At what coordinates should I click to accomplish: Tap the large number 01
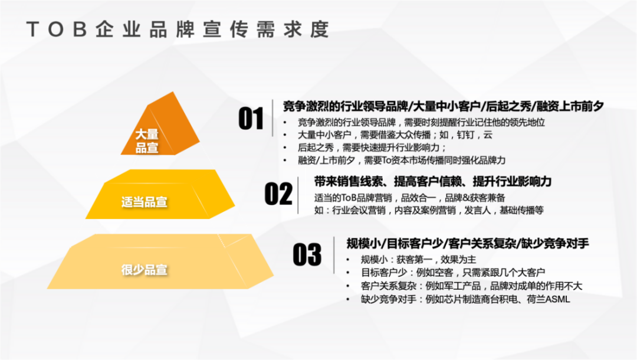click(251, 119)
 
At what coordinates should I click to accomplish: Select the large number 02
click(278, 194)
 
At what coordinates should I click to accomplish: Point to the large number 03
click(307, 255)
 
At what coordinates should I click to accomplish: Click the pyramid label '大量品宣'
click(147, 141)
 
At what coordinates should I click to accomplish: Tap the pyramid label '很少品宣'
click(145, 270)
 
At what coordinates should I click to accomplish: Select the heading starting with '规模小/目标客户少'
click(468, 243)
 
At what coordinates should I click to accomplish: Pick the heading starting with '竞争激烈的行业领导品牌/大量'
click(443, 106)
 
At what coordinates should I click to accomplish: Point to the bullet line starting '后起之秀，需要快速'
click(372, 148)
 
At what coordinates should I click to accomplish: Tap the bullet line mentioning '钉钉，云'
click(395, 135)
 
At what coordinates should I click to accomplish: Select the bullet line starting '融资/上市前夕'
click(402, 160)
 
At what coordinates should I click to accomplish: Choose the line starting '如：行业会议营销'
click(429, 210)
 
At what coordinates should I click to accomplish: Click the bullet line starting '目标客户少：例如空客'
click(452, 273)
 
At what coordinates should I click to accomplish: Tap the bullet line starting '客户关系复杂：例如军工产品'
click(471, 286)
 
